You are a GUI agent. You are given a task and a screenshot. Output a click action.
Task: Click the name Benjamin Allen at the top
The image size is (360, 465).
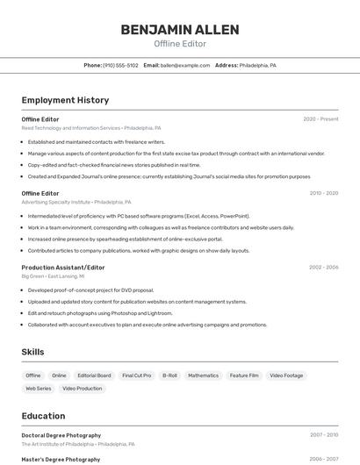coord(180,30)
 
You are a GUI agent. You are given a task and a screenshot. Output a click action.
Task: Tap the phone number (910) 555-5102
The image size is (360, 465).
coord(120,65)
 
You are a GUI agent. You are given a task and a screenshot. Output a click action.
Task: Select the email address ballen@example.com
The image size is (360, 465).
coord(185,65)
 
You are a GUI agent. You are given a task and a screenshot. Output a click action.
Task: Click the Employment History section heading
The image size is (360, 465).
coord(65,100)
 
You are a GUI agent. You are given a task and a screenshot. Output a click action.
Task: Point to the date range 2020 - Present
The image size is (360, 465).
coord(320,119)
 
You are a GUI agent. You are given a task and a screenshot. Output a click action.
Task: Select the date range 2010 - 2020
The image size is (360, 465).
coord(323,193)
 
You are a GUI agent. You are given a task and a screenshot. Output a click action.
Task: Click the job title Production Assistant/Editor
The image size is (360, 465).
coord(63,267)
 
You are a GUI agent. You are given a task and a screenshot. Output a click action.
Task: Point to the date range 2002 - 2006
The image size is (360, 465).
coord(323,267)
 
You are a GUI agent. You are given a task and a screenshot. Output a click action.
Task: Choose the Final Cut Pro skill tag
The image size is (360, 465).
coord(136,376)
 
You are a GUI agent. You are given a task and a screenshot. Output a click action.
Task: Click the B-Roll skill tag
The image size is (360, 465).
coord(169,376)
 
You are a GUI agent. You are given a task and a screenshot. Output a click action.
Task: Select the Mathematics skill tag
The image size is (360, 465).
coord(203,376)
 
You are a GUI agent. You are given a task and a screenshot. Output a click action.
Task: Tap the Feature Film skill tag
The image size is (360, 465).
coord(244,376)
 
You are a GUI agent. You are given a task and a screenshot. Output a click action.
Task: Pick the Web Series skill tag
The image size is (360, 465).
coord(38,388)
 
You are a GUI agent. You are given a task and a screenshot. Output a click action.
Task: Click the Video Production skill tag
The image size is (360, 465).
coord(82,388)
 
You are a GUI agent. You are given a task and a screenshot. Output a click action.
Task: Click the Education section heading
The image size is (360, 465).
coord(43,416)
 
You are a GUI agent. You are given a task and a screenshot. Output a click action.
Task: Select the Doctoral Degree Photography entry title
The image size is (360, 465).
coord(61,435)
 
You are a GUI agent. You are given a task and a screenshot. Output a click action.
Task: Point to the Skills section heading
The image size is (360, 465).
coord(32,352)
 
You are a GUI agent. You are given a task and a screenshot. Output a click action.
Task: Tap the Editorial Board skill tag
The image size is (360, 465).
coord(94,376)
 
